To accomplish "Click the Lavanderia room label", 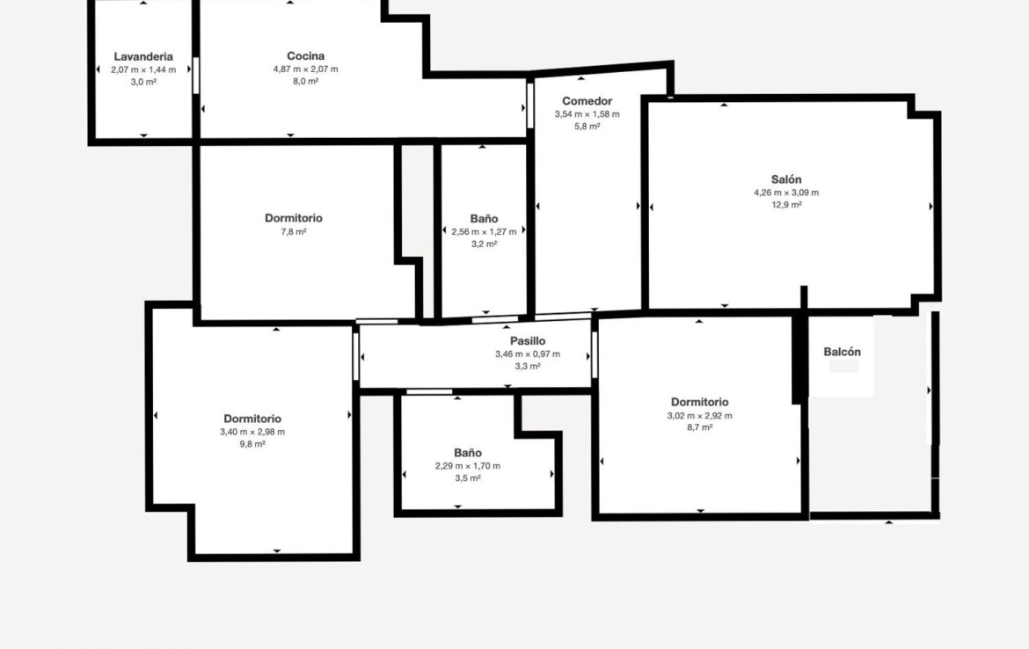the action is pyautogui.click(x=143, y=56).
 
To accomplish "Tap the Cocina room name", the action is pyautogui.click(x=306, y=55).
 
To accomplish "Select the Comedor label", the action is pyautogui.click(x=587, y=101).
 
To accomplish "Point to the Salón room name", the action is pyautogui.click(x=786, y=179).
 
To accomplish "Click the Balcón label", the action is pyautogui.click(x=842, y=352).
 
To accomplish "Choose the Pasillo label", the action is pyautogui.click(x=528, y=341).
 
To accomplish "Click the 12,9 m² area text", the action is pyautogui.click(x=786, y=205).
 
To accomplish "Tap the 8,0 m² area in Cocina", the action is pyautogui.click(x=306, y=82).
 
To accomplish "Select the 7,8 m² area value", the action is pyautogui.click(x=294, y=231).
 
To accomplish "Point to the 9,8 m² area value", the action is pyautogui.click(x=252, y=444).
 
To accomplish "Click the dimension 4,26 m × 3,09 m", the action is pyautogui.click(x=786, y=193).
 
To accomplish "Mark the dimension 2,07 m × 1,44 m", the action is pyautogui.click(x=143, y=69).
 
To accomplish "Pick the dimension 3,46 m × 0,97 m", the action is pyautogui.click(x=528, y=354).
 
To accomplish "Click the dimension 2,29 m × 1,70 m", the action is pyautogui.click(x=468, y=466).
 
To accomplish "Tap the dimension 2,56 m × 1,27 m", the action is pyautogui.click(x=485, y=231).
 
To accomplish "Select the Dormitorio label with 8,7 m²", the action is pyautogui.click(x=699, y=402).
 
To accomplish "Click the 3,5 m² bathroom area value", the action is pyautogui.click(x=468, y=478).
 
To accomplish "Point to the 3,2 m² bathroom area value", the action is pyautogui.click(x=485, y=244).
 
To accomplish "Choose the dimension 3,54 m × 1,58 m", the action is pyautogui.click(x=587, y=114).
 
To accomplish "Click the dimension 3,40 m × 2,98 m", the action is pyautogui.click(x=252, y=432).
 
